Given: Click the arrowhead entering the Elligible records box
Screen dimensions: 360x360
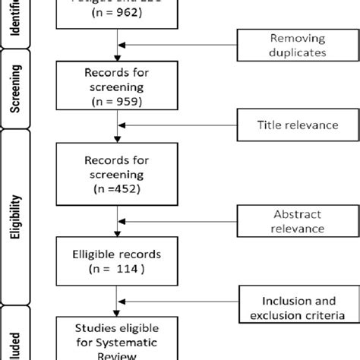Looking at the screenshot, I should pos(116,236).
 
